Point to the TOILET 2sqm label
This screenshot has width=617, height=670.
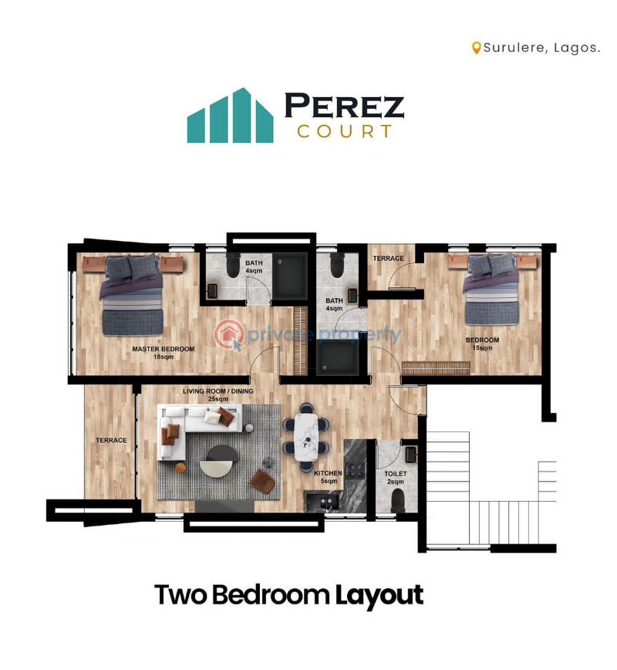[x=395, y=476]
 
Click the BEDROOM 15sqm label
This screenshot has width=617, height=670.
[x=482, y=343]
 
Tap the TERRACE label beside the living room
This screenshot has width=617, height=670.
[x=111, y=440]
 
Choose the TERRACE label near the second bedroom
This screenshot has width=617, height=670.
[x=388, y=258]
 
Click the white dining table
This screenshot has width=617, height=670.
[x=307, y=436]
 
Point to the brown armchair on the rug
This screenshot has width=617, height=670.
[x=263, y=481]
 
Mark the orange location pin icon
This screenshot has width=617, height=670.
[x=477, y=48]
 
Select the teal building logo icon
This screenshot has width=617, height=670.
[x=230, y=117]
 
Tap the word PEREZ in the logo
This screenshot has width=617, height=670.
[x=344, y=106]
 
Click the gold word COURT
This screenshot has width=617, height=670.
[x=345, y=131]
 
